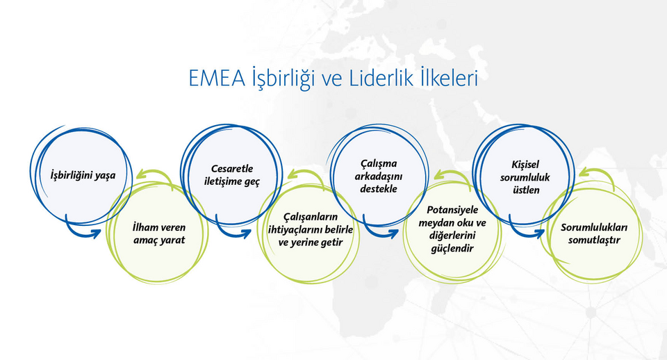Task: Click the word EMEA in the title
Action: (217, 79)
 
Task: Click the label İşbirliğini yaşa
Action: (83, 175)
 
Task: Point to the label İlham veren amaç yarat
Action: (159, 234)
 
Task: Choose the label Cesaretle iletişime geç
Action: (232, 175)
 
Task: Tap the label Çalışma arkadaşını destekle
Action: (379, 176)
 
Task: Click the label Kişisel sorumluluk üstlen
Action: (525, 177)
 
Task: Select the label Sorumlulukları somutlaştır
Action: (594, 234)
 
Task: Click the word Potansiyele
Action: (452, 210)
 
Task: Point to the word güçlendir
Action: (452, 249)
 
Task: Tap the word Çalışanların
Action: (311, 217)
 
